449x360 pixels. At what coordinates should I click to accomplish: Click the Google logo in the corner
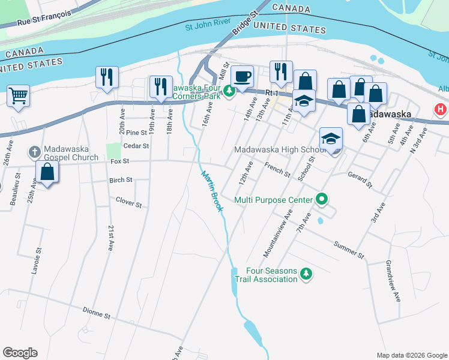[20, 353]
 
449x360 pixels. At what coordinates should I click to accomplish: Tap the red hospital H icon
[441, 110]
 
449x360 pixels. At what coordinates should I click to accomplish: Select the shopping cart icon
[18, 95]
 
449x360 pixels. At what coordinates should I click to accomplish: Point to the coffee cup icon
[243, 77]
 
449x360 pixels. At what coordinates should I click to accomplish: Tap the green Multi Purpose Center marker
[322, 200]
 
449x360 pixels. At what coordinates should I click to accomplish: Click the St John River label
[208, 26]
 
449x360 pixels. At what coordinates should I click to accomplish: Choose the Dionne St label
[97, 313]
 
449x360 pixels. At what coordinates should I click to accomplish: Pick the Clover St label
[128, 203]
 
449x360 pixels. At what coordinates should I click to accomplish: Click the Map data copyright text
[411, 355]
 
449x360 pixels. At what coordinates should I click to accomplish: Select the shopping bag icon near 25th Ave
[47, 172]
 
